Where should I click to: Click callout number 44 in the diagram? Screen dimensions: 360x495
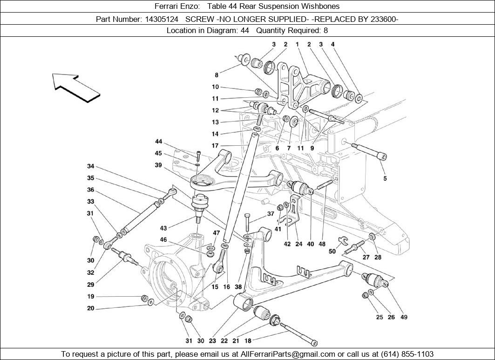click(159, 142)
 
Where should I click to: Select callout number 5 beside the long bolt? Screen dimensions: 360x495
click(385, 178)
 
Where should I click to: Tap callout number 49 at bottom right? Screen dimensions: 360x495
click(404, 317)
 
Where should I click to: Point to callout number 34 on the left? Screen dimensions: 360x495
click(90, 166)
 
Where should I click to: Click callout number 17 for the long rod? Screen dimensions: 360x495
click(215, 146)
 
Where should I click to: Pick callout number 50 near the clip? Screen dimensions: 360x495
click(332, 251)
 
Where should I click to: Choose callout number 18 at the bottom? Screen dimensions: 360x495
click(247, 340)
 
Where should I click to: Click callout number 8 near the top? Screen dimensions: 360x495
click(217, 75)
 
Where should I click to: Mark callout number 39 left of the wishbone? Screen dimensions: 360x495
click(158, 165)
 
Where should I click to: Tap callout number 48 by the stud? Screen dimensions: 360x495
click(322, 244)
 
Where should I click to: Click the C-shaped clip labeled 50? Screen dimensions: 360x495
click(344, 240)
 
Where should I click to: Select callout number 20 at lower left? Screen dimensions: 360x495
click(90, 308)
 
